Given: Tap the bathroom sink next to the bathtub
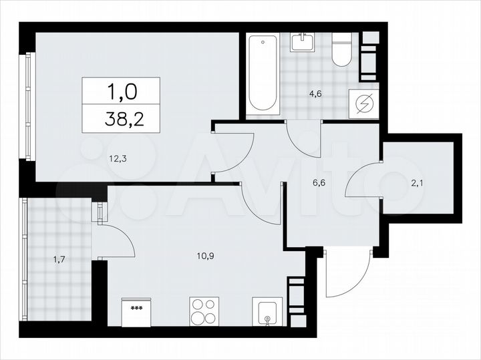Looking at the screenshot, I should (303, 42).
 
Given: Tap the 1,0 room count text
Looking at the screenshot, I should (121, 89).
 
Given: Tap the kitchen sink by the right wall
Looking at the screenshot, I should (267, 312).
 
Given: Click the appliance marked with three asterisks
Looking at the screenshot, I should (136, 313).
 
